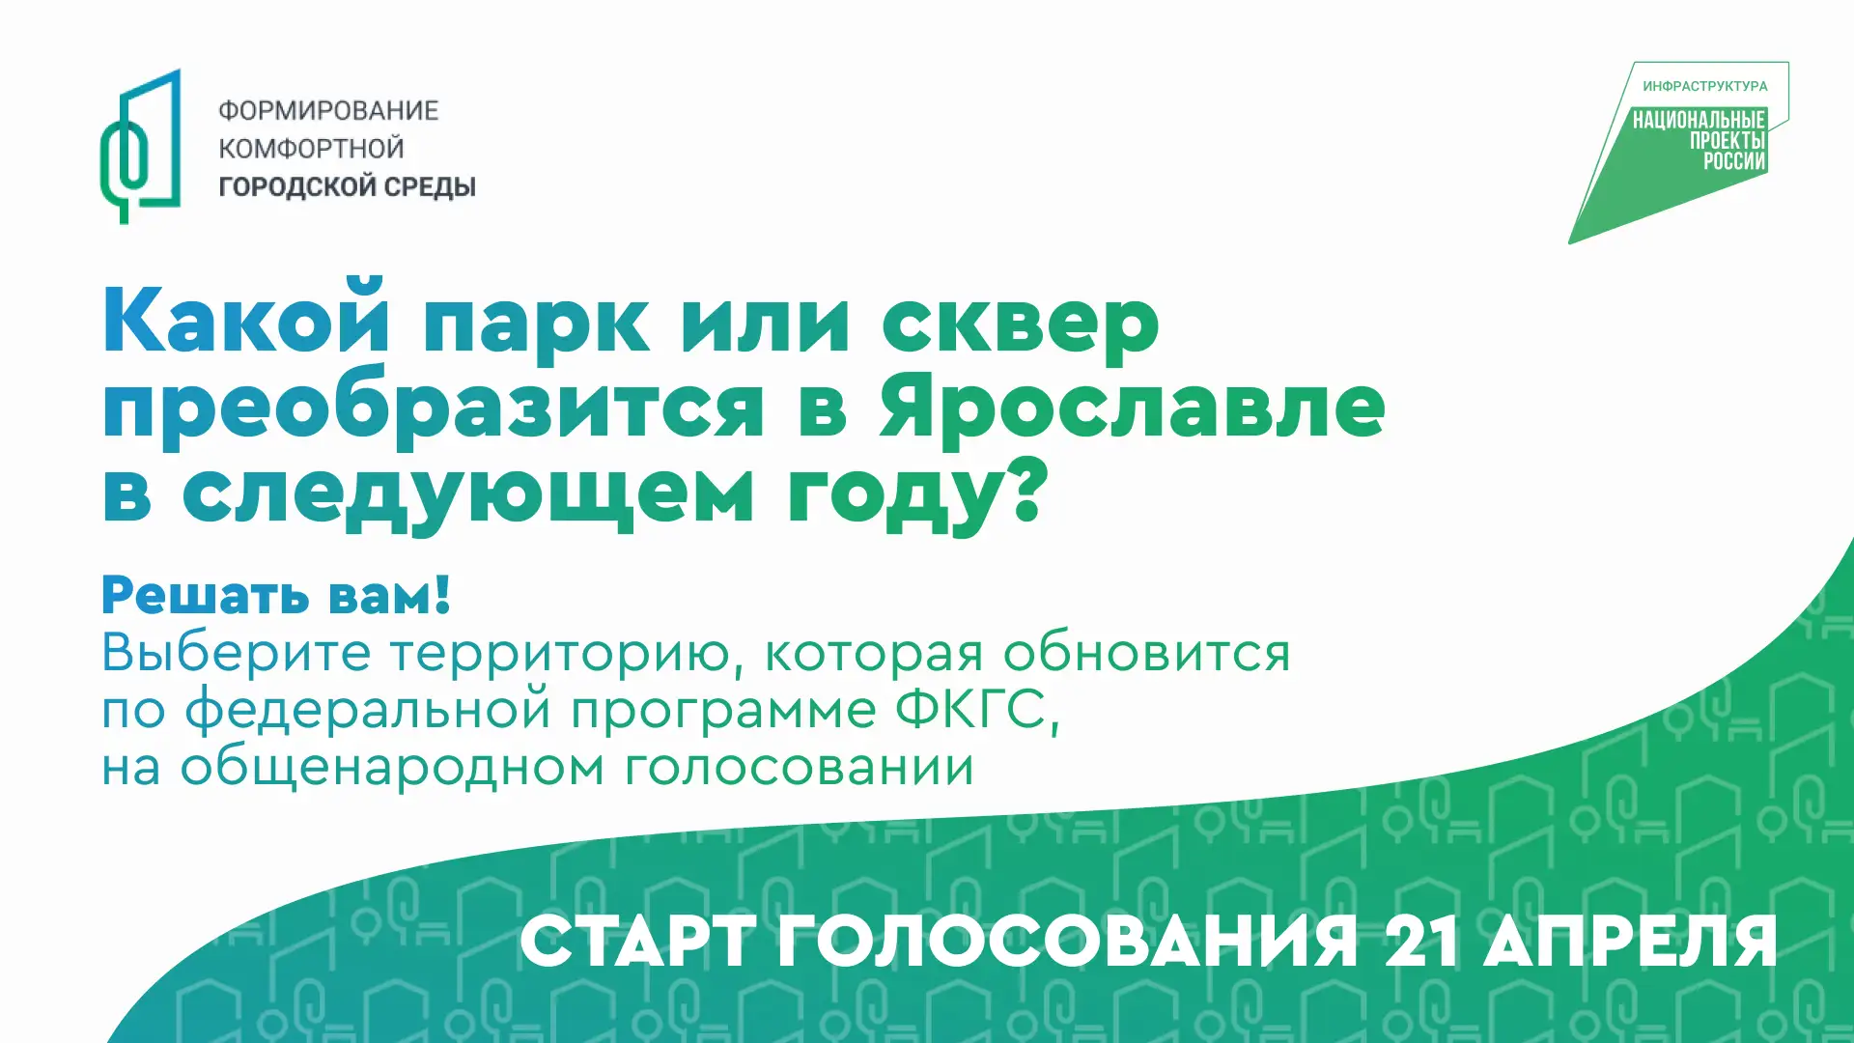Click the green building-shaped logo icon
141,146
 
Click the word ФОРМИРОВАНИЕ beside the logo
328,111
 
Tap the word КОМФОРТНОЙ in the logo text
311,149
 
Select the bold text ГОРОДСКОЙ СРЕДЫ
347,186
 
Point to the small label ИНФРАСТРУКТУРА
1705,86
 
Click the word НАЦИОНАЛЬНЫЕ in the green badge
1699,120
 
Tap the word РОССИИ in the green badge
1734,161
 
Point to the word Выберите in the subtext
237,653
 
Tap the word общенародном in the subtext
393,768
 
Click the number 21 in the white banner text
1421,941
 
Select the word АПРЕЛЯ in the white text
1630,942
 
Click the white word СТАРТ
638,942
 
